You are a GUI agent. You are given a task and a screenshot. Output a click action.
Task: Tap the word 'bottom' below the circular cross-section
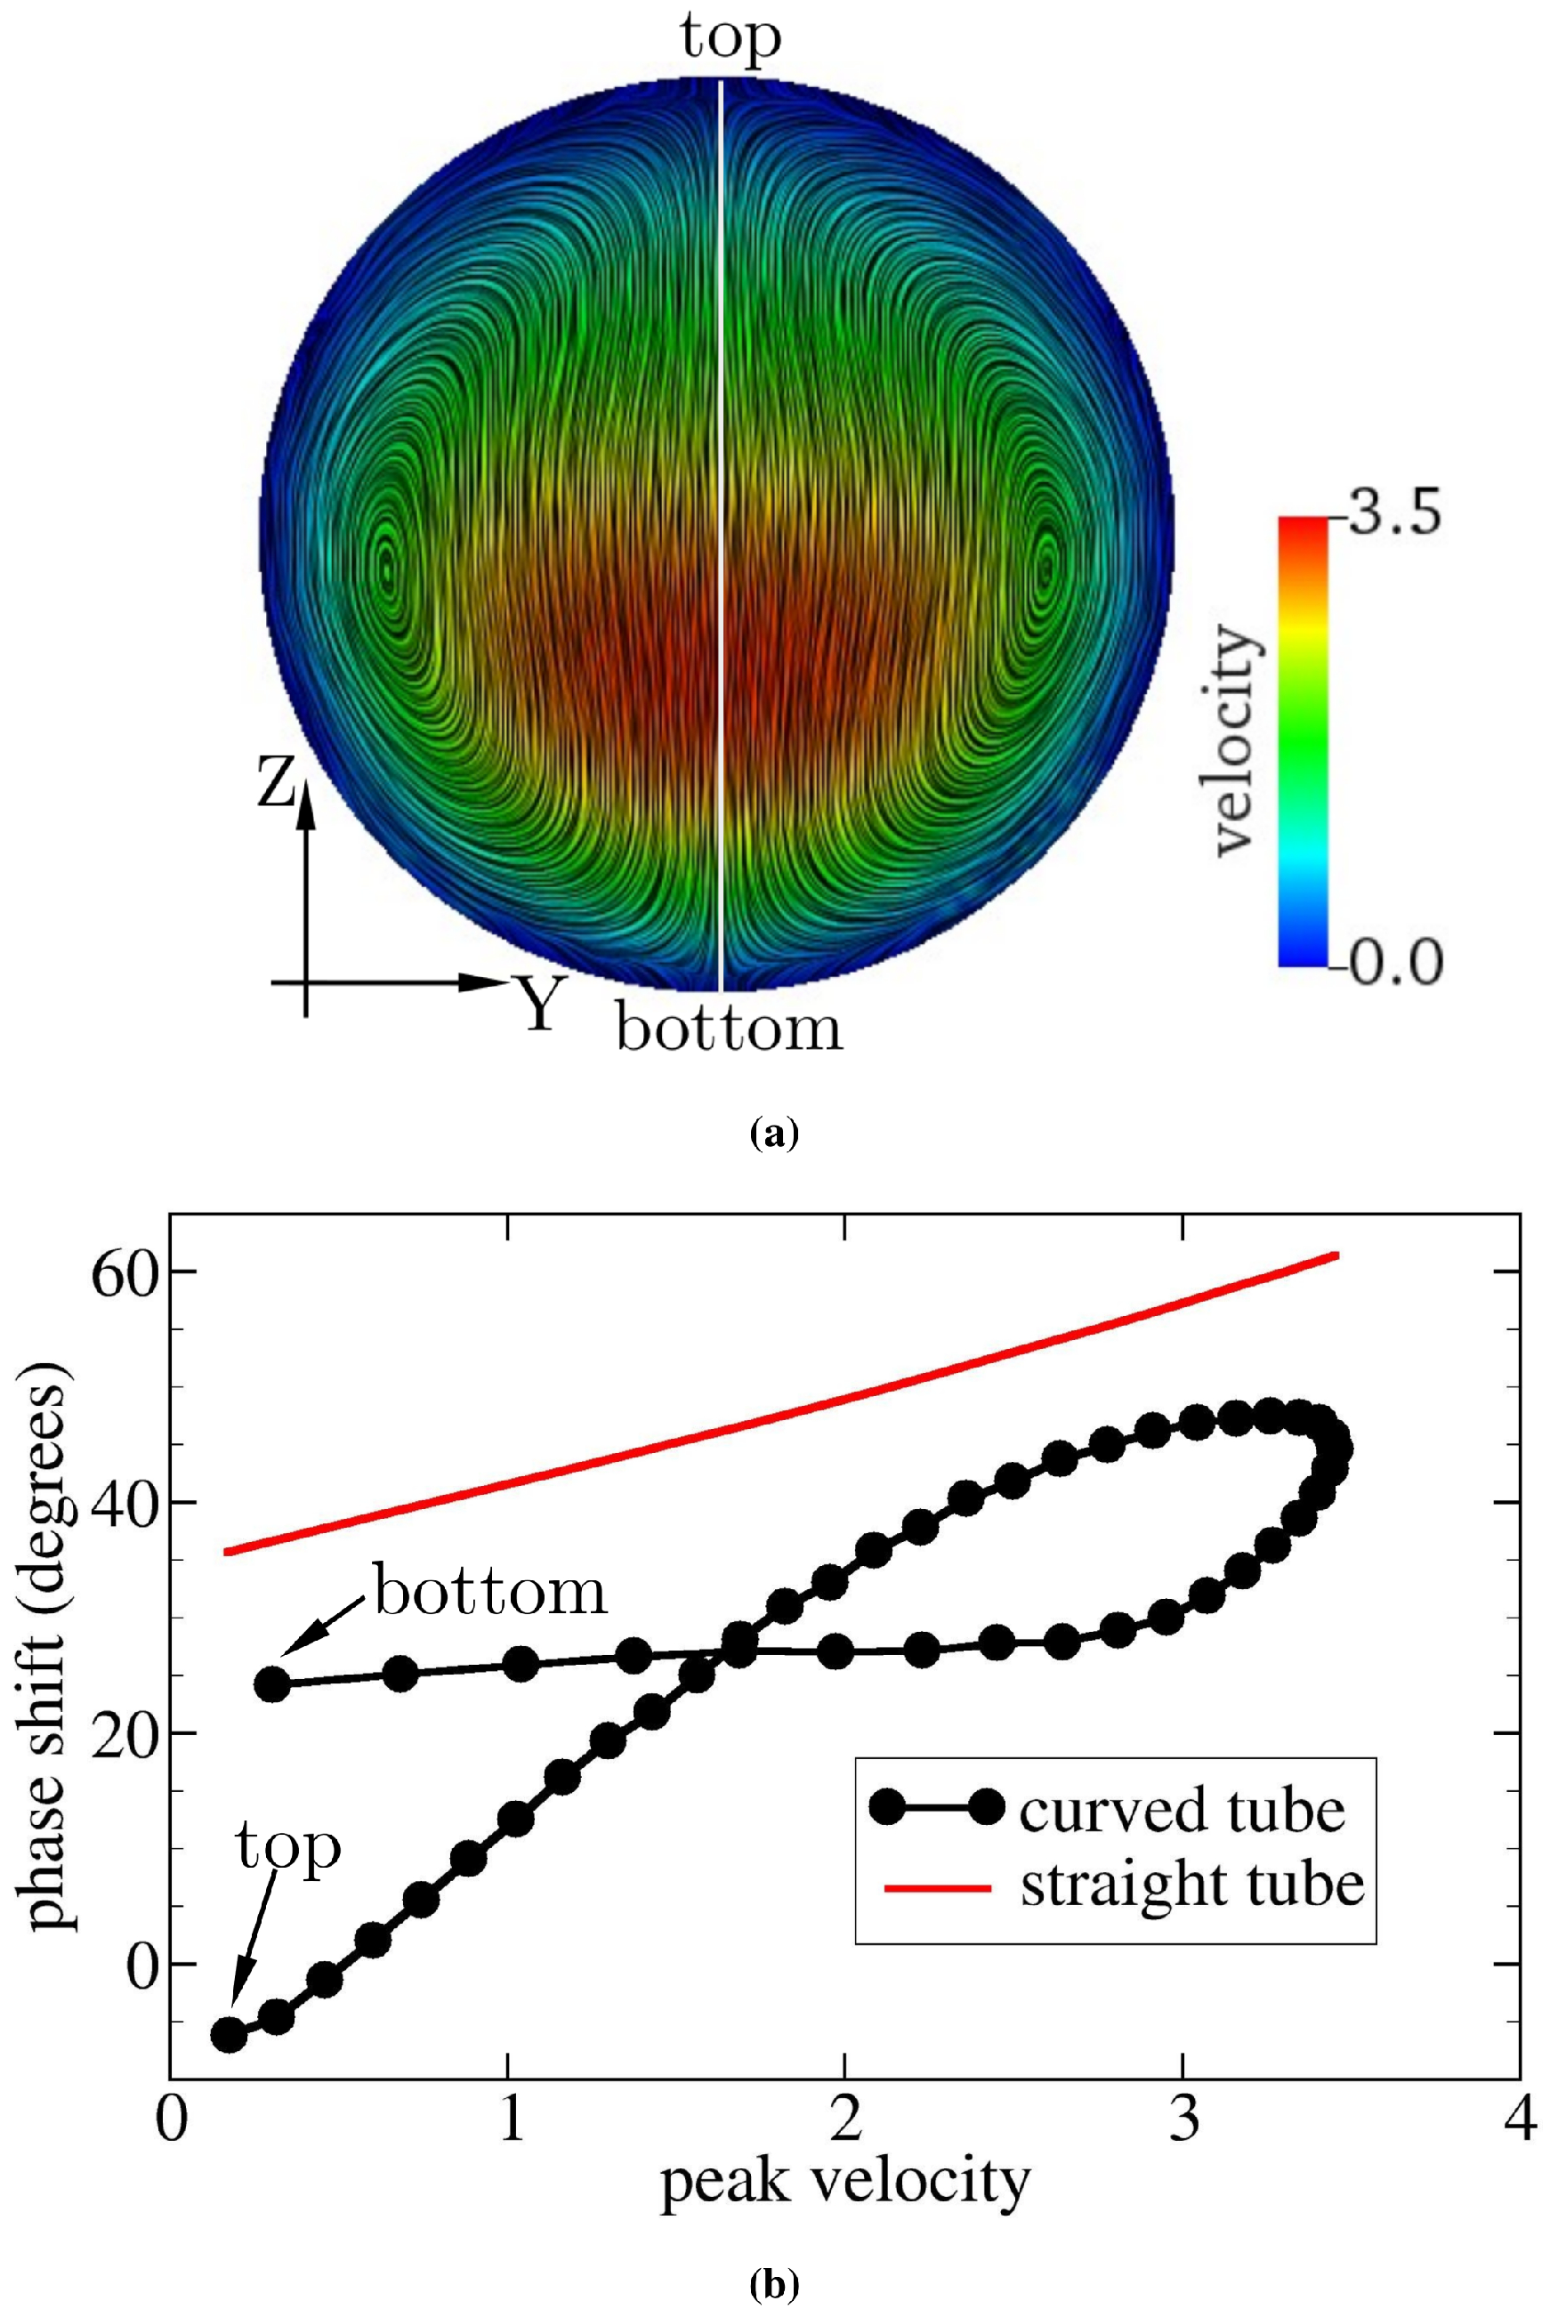730,1028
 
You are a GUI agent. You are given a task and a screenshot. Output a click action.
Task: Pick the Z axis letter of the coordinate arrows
276,779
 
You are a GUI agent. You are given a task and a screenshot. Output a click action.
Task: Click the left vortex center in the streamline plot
388,570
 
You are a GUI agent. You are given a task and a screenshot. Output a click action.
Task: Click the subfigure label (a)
774,1133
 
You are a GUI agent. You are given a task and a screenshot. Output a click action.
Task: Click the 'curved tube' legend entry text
1183,1811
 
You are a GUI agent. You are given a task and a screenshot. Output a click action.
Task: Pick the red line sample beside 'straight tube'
937,1888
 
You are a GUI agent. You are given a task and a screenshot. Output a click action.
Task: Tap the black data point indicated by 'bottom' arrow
273,1683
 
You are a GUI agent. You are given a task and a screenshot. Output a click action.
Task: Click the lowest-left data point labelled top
230,2035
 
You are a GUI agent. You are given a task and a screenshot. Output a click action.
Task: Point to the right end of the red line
1336,1255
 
